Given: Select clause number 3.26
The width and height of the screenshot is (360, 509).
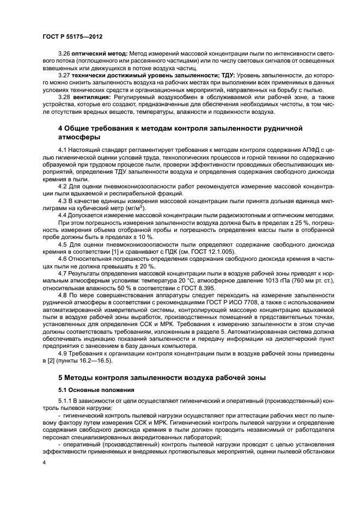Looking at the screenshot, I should pos(65,53).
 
